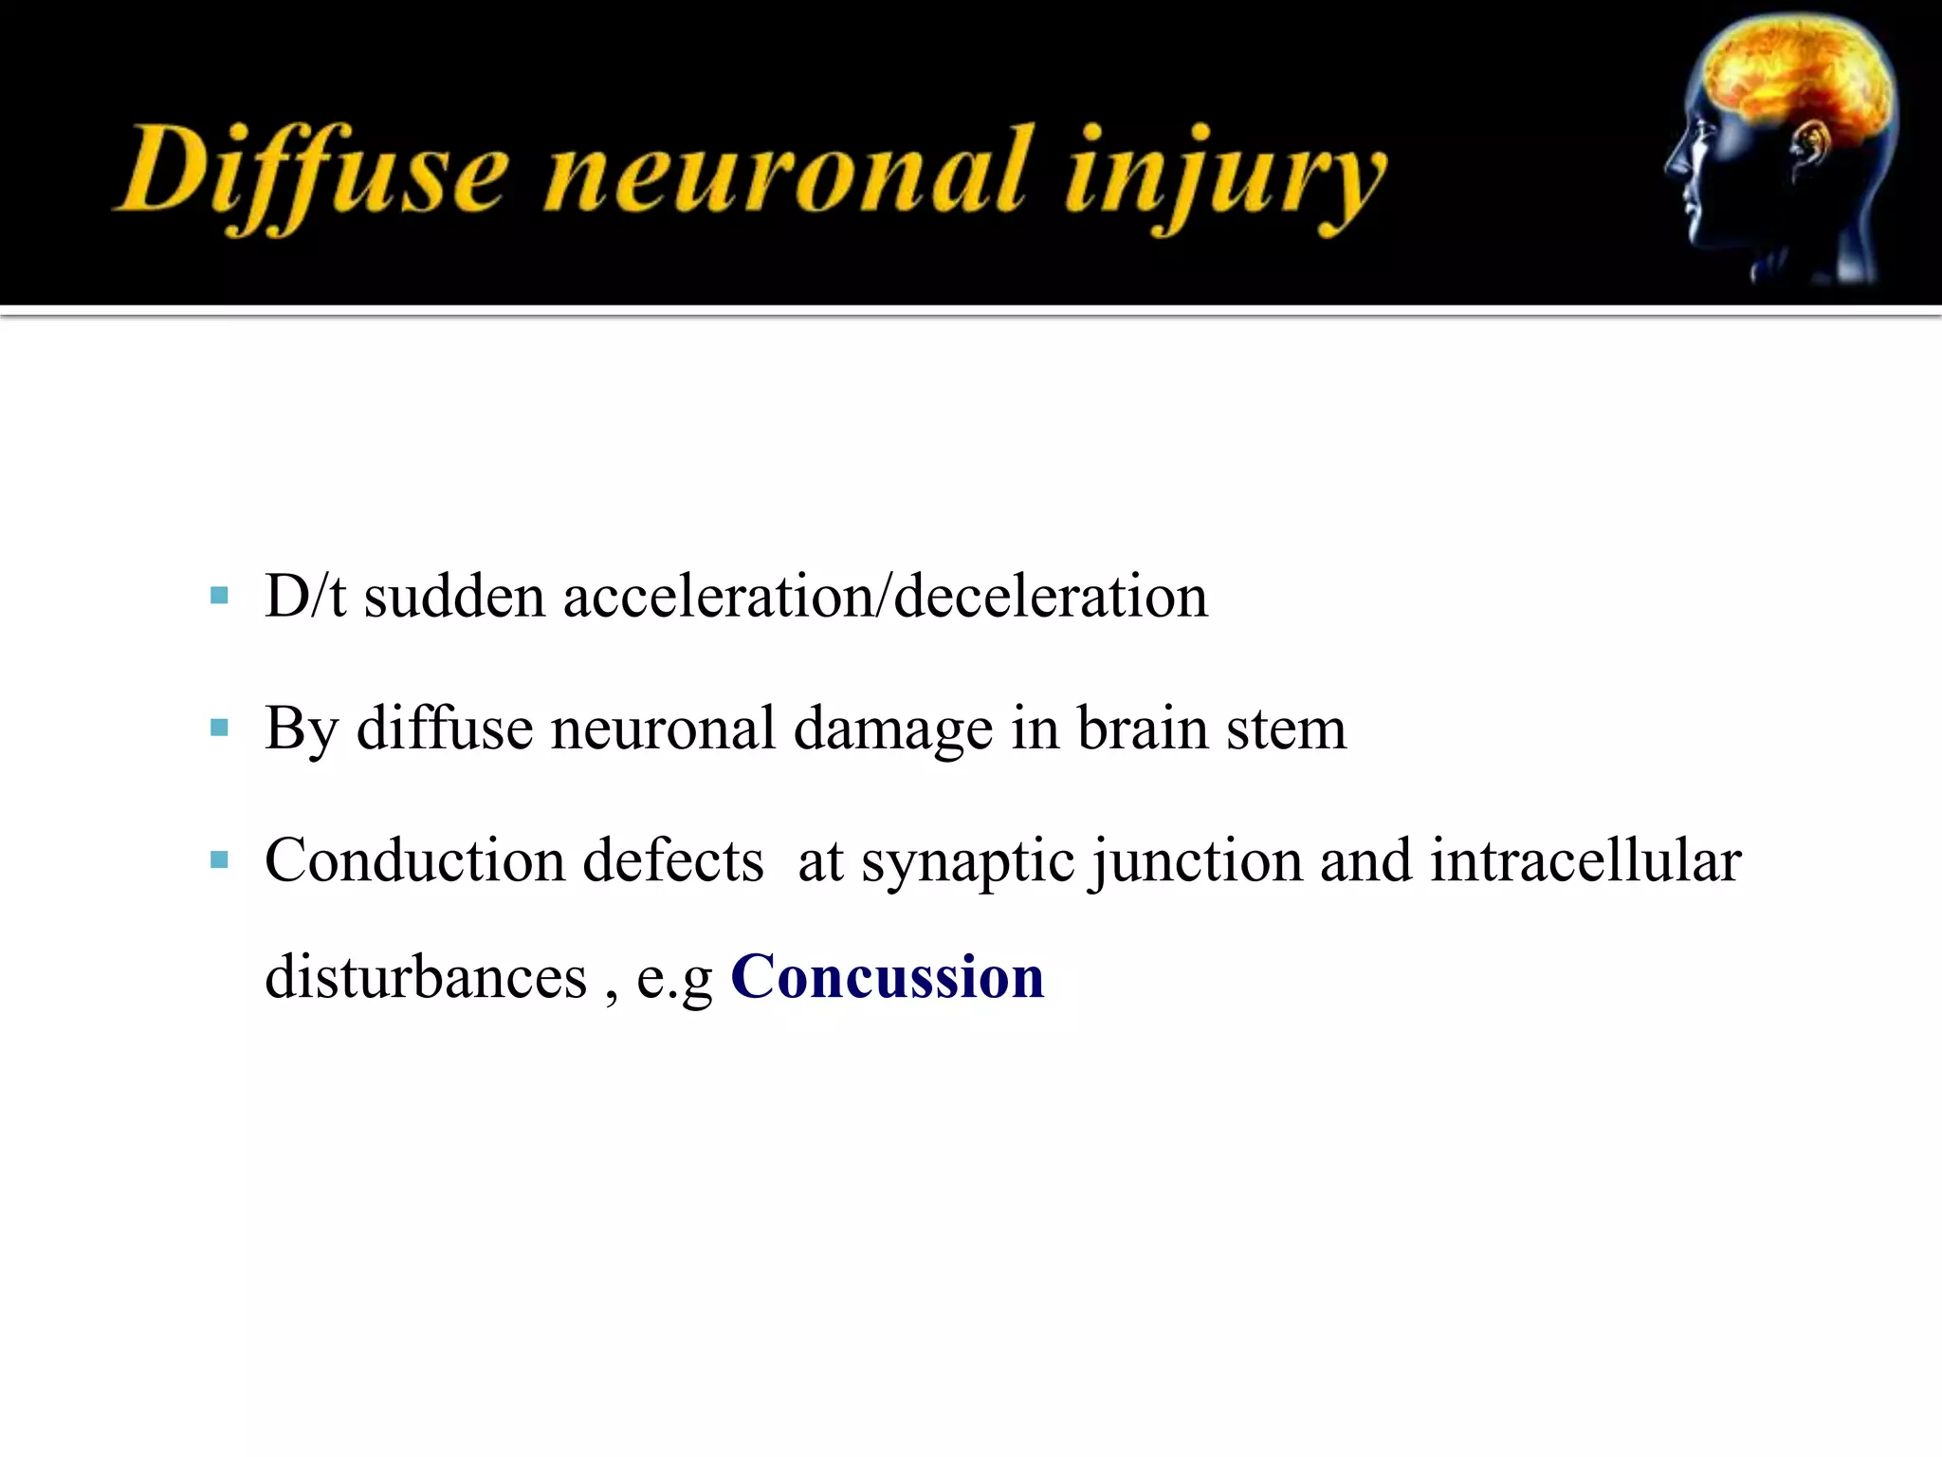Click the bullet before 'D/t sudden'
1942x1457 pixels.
click(x=220, y=597)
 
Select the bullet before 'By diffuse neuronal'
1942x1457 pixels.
click(x=220, y=728)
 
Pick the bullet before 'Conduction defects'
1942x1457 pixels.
click(x=220, y=860)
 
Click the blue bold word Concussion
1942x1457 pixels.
click(x=888, y=977)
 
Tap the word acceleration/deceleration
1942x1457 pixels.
click(x=886, y=598)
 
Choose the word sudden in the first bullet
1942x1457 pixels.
click(x=454, y=598)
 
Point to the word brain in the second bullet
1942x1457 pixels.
click(x=1143, y=728)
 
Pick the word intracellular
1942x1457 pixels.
click(x=1585, y=860)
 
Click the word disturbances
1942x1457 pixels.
click(x=426, y=977)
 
